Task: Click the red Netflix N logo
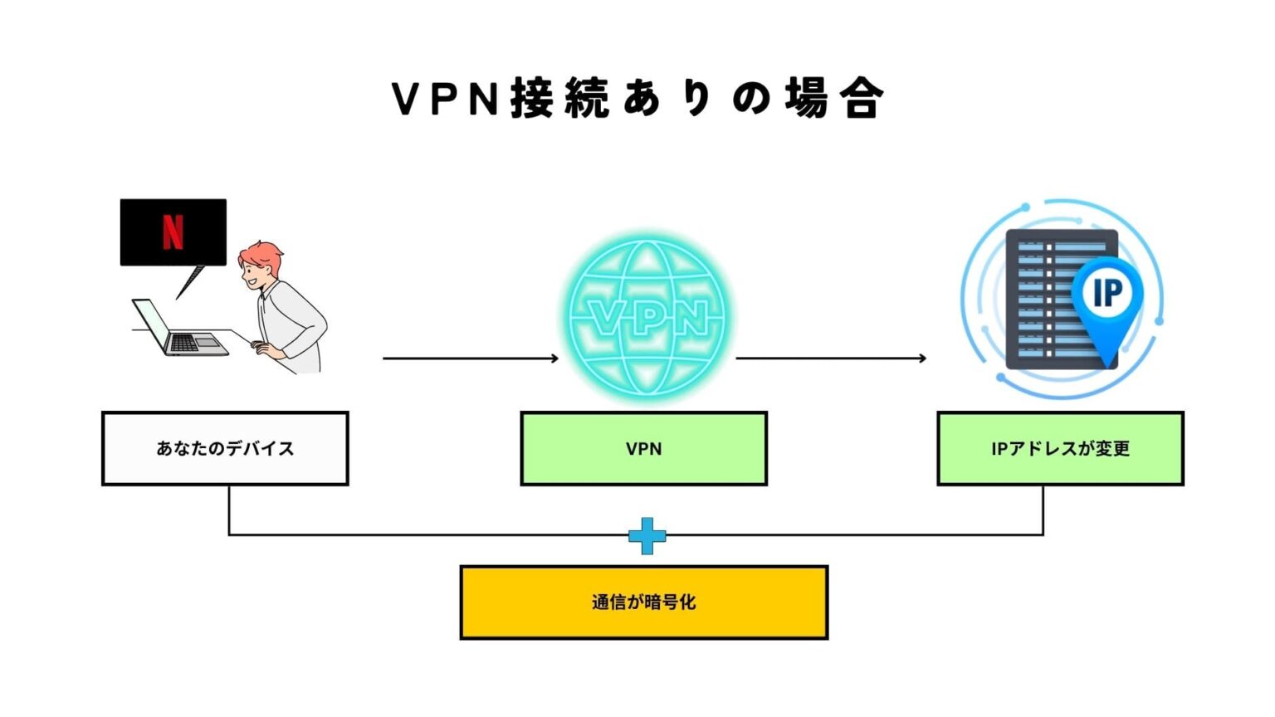173,232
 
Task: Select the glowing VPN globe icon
647,317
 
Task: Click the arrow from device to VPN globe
470,358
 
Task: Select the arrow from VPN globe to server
830,358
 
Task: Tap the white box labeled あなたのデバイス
225,448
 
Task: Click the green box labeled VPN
643,448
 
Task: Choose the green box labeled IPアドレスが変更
1060,448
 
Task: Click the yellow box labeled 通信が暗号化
643,602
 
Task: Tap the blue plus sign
647,535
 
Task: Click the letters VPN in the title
445,99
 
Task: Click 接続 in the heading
559,99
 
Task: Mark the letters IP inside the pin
1107,292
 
